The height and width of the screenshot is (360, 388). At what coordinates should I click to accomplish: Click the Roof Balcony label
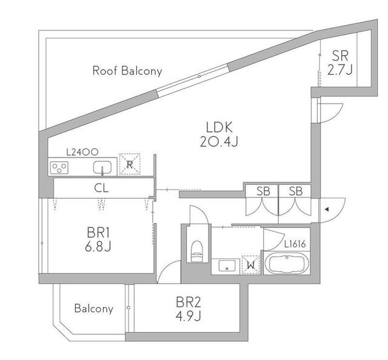(127, 70)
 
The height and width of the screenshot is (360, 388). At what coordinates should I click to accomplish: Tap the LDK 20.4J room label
(219, 135)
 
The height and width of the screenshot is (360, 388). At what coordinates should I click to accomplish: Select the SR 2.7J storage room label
(340, 62)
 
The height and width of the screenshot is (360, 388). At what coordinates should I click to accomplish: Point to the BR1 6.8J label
(98, 239)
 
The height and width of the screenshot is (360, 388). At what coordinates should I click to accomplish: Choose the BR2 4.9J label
(189, 308)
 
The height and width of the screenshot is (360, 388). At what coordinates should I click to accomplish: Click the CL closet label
(101, 188)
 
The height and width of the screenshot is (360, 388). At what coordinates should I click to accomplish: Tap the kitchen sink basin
(102, 167)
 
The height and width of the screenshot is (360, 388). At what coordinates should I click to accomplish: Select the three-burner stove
(59, 167)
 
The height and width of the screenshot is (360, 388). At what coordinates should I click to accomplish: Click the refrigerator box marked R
(129, 164)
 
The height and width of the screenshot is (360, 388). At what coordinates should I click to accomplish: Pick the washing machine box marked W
(250, 265)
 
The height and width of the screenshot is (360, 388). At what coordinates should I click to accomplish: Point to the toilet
(197, 251)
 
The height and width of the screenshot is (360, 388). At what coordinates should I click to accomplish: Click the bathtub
(287, 264)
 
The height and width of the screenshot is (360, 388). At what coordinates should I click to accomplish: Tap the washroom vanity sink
(226, 265)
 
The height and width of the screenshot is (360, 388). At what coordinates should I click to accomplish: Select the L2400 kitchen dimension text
(82, 152)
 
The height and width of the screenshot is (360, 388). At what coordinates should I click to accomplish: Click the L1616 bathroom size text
(295, 244)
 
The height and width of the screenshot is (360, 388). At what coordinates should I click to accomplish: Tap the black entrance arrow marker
(327, 210)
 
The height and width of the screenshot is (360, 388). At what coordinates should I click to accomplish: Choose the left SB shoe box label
(263, 191)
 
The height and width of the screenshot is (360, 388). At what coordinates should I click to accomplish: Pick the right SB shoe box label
(296, 191)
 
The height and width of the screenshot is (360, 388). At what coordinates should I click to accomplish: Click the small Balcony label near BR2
(94, 308)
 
